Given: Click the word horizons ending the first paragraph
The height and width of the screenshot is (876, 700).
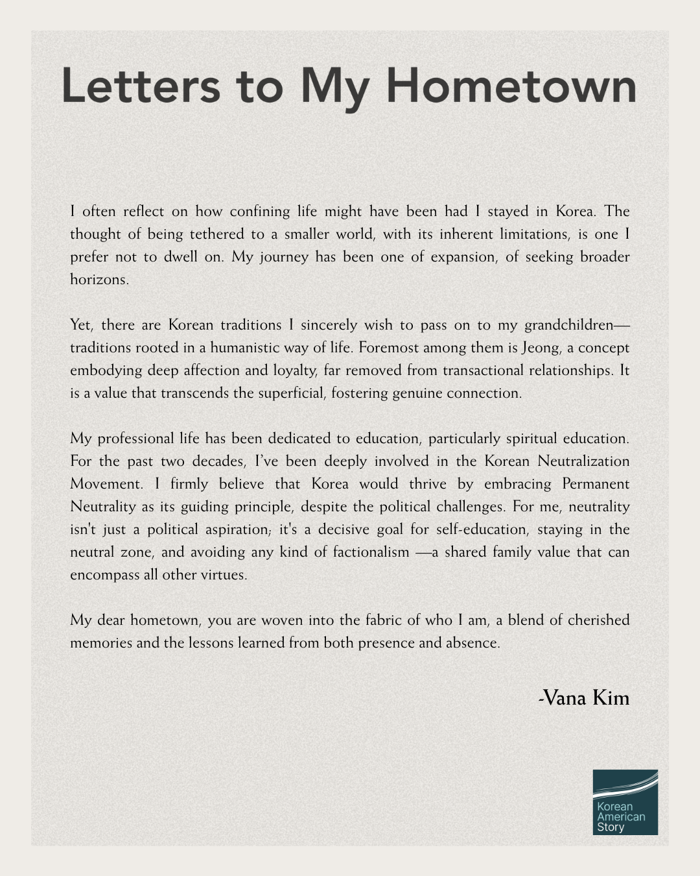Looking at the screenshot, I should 99,280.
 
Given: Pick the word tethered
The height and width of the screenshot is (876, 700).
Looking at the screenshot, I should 216,234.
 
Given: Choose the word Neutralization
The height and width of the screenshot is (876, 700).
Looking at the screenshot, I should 583,461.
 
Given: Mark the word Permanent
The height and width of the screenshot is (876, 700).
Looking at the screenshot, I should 596,484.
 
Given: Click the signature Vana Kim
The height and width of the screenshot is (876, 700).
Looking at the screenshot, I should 584,698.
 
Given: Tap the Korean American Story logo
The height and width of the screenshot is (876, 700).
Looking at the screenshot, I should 625,802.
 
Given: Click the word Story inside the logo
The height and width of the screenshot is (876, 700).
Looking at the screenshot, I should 611,827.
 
